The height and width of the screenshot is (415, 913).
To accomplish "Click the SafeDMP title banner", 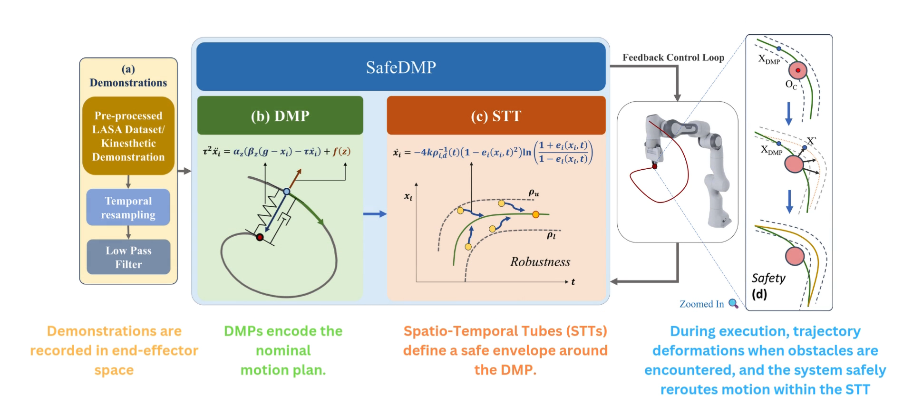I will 400,67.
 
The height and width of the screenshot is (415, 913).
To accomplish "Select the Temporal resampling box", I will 128,208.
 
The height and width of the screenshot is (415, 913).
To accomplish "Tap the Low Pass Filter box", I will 128,257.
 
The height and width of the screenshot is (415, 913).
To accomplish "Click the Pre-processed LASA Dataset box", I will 128,136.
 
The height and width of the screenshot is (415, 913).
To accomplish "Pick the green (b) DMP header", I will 280,116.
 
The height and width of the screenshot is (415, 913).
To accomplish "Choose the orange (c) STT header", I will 496,116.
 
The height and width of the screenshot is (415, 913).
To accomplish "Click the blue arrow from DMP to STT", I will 375,214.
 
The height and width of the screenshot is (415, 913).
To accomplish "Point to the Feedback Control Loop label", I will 673,58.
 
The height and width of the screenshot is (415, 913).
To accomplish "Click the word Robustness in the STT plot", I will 540,262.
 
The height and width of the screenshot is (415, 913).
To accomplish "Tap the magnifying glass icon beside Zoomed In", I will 734,304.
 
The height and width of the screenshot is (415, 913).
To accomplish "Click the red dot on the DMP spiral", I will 260,237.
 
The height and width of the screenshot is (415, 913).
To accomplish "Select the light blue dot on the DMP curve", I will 287,191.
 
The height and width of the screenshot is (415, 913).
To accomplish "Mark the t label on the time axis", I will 573,282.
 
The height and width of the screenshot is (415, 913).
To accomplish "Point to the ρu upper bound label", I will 534,193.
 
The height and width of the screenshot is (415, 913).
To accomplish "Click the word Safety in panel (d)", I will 768,278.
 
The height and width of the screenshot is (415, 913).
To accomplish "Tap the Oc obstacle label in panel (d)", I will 791,85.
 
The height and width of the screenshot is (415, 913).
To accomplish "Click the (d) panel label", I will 759,294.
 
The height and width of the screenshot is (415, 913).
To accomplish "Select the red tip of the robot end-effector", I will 654,166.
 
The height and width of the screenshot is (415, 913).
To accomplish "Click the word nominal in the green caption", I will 283,350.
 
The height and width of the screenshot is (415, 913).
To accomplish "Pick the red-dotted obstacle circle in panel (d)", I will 798,70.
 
